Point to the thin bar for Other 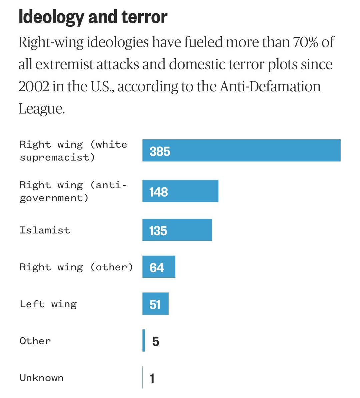point(144,340)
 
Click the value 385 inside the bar point(160,152)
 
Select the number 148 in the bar point(158,192)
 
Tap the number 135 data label point(158,231)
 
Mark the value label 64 point(157,268)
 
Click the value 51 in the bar point(155,305)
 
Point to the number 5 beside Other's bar point(155,342)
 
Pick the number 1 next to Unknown point(152,379)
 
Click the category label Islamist point(45,230)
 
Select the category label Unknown point(41,378)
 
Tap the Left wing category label point(48,304)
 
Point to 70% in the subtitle point(305,42)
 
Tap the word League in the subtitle point(41,109)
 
